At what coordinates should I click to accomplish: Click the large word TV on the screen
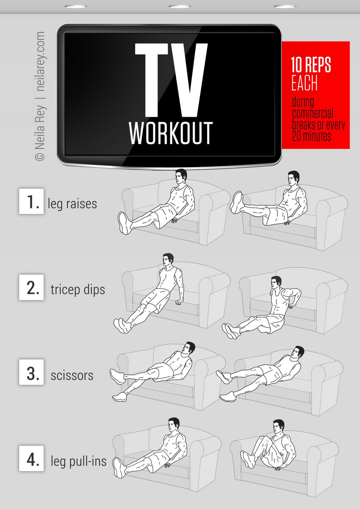tap(171, 80)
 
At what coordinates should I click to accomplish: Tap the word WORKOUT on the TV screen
tap(171, 133)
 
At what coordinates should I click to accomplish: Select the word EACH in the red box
tap(304, 83)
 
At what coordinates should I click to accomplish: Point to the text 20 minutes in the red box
tap(311, 136)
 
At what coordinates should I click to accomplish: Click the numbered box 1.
tap(31, 202)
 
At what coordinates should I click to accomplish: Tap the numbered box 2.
tap(31, 287)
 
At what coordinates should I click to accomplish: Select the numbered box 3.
tap(31, 372)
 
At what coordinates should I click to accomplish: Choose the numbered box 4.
tap(31, 458)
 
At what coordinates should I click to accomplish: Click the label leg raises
tap(72, 203)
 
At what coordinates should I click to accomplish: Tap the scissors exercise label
tap(72, 376)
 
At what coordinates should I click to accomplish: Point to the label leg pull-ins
tap(79, 461)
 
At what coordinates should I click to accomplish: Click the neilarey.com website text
tap(41, 61)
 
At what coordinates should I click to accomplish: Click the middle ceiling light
tap(180, 7)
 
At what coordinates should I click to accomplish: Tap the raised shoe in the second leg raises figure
tap(237, 202)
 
